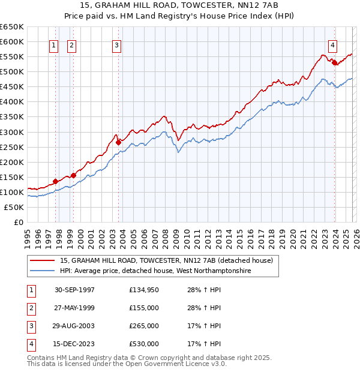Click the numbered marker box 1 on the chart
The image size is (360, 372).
[x=53, y=44]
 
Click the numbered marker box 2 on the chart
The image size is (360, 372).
[x=71, y=44]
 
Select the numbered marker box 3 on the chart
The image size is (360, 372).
[x=116, y=44]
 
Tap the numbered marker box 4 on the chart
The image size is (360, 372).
[x=332, y=44]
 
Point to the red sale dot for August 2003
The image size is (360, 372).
[x=118, y=142]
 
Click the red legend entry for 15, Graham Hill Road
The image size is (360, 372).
[x=166, y=260]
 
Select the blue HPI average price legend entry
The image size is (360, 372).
[x=155, y=271]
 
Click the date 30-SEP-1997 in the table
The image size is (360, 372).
[x=74, y=290]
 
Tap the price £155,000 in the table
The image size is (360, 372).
[x=143, y=308]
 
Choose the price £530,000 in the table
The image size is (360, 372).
[x=143, y=344]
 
